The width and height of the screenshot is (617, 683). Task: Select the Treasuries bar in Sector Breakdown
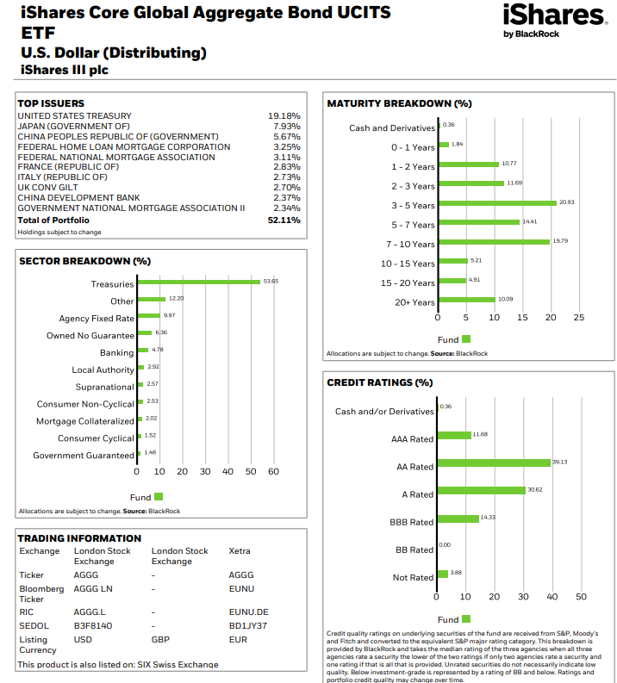pyautogui.click(x=198, y=282)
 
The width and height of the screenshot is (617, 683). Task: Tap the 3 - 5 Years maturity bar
pyautogui.click(x=496, y=203)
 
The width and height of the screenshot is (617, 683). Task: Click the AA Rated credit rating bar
pyautogui.click(x=493, y=463)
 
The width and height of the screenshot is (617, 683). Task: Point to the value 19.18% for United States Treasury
pyautogui.click(x=284, y=115)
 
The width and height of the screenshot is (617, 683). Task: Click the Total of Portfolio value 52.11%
pyautogui.click(x=284, y=220)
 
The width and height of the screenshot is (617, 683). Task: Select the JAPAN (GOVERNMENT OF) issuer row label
pyautogui.click(x=73, y=126)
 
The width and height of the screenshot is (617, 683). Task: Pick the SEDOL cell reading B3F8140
pyautogui.click(x=93, y=625)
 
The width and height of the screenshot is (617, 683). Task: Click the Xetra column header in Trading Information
pyautogui.click(x=240, y=551)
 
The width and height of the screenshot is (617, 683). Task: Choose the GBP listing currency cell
pyautogui.click(x=160, y=639)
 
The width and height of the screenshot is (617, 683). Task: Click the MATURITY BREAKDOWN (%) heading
pyautogui.click(x=399, y=103)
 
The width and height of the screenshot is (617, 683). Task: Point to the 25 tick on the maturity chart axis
pyautogui.click(x=578, y=318)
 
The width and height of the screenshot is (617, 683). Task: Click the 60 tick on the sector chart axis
pyautogui.click(x=273, y=471)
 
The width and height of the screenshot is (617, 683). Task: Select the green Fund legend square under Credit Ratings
pyautogui.click(x=466, y=619)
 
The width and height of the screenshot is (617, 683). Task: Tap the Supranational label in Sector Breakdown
pyautogui.click(x=104, y=387)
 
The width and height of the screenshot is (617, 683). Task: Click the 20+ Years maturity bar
pyautogui.click(x=466, y=300)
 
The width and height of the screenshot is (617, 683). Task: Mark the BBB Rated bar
pyautogui.click(x=458, y=518)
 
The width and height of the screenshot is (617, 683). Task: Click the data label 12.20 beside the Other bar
pyautogui.click(x=176, y=298)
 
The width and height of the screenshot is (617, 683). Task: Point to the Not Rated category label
pyautogui.click(x=413, y=577)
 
